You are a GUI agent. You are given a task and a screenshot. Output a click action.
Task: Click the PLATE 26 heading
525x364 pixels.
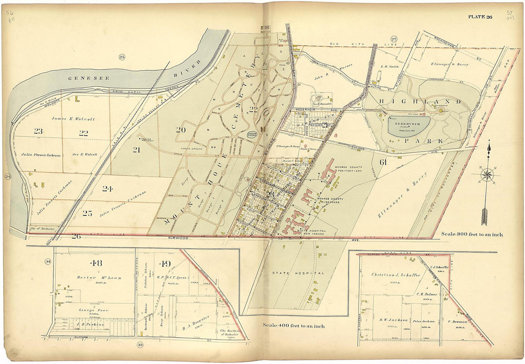click(480, 17)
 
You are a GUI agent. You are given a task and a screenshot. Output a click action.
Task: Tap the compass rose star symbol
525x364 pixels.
click(487, 175)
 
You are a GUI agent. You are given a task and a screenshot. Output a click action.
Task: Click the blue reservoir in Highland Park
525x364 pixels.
click(409, 127)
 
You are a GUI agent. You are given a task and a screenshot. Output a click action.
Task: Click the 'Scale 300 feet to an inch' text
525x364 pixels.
click(472, 235)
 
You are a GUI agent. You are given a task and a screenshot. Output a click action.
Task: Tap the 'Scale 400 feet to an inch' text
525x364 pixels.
click(294, 326)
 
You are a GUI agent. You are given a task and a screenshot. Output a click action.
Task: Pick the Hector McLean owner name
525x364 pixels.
click(93, 278)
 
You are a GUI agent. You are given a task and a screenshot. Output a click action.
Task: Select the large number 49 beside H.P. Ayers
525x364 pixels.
click(165, 264)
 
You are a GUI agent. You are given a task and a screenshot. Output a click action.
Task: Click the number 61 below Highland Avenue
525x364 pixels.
click(383, 163)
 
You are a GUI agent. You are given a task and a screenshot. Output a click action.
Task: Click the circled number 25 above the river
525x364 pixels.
click(122, 57)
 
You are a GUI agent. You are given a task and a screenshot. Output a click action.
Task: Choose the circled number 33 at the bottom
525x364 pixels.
click(140, 345)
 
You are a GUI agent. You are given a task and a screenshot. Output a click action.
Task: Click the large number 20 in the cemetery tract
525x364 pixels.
click(180, 129)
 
